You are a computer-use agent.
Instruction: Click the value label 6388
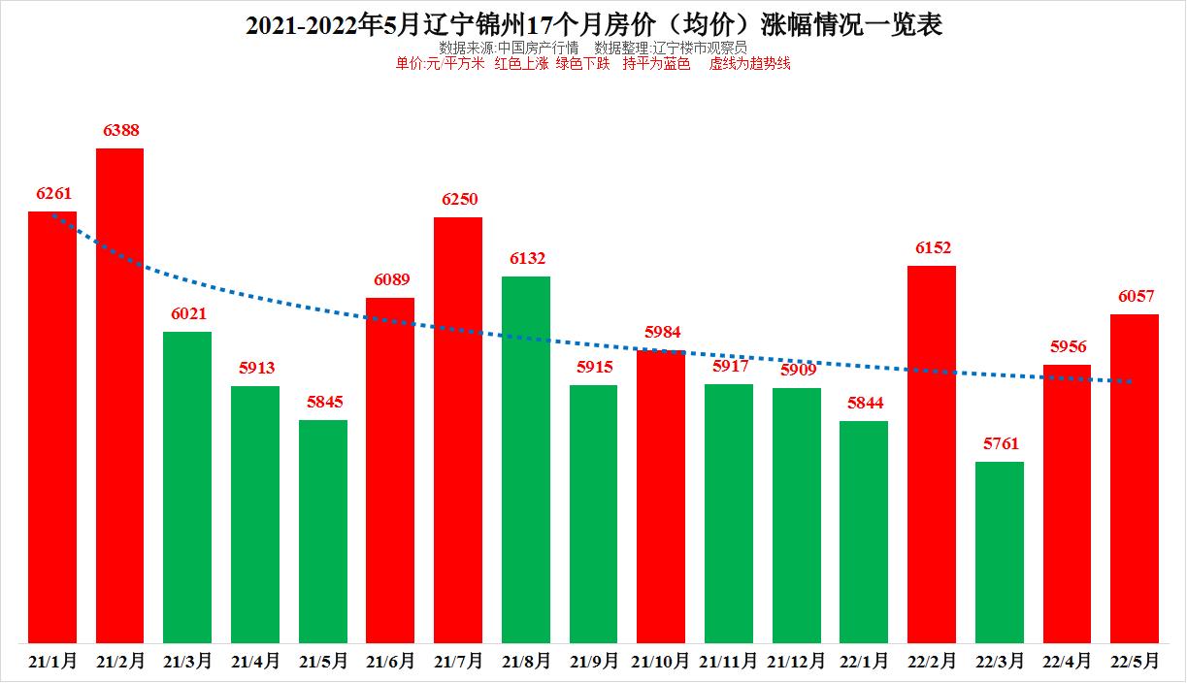(119, 130)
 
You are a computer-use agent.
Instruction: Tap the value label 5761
(1000, 443)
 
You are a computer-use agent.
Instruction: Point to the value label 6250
(458, 199)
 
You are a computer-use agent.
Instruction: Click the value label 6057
(1135, 296)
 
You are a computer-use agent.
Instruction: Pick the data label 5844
(864, 403)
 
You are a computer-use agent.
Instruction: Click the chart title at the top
(593, 24)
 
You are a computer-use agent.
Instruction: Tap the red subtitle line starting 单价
(593, 64)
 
